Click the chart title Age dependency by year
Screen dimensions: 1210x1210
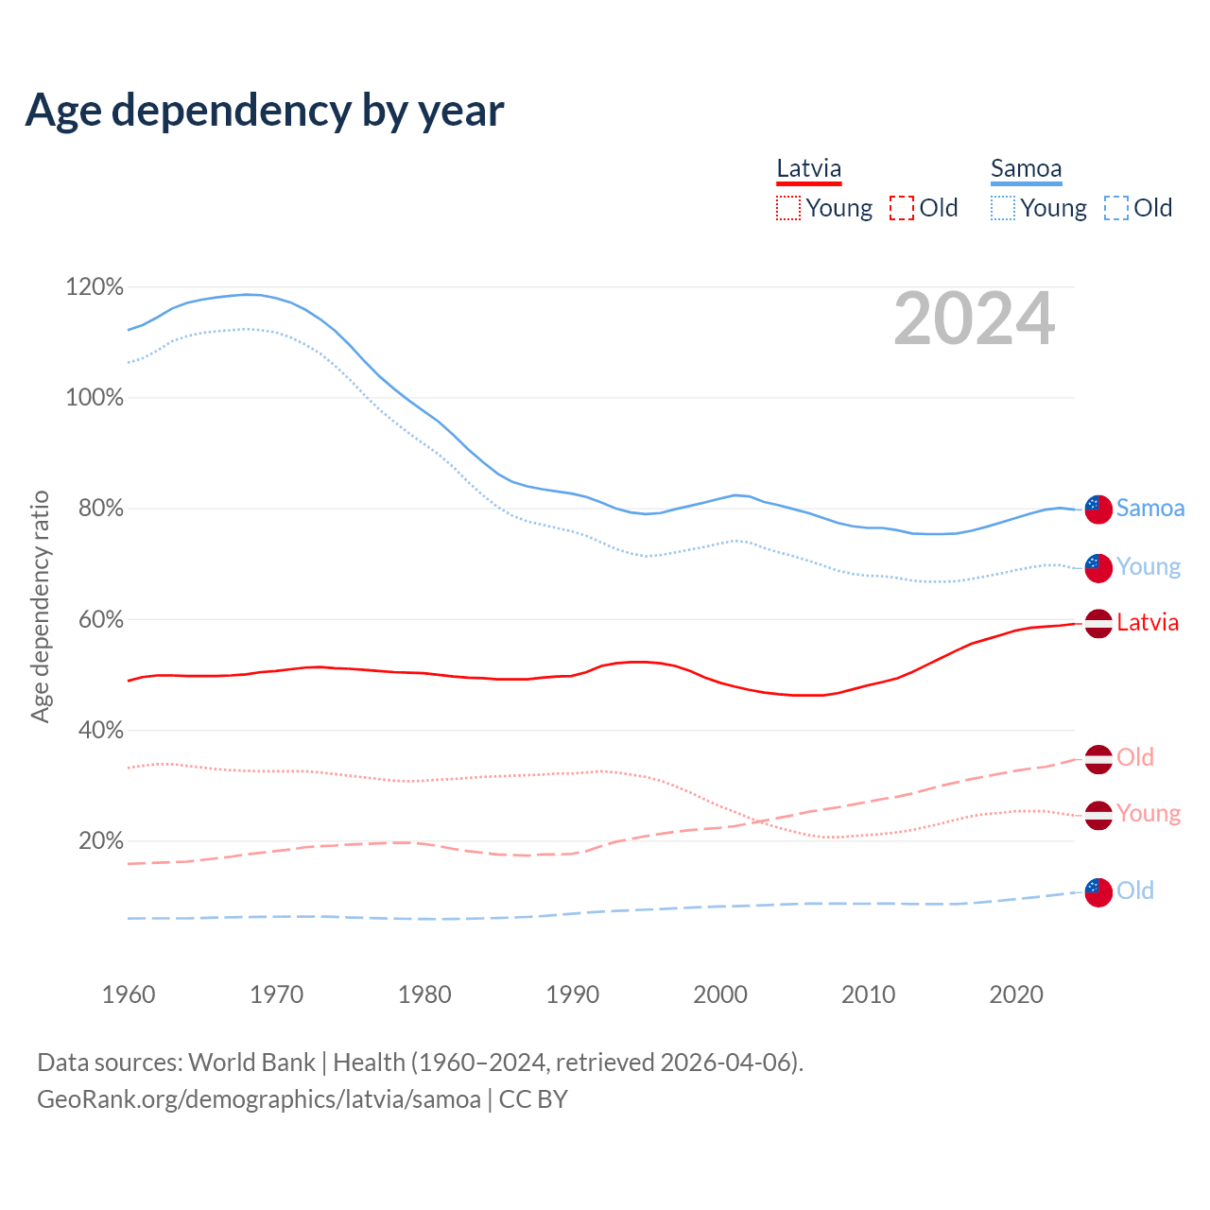coord(265,111)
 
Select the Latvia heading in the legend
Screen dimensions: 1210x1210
coord(808,169)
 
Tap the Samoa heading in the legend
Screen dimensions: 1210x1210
coord(1026,169)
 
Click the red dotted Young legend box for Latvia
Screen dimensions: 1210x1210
coord(788,208)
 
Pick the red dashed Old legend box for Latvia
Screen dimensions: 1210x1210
coord(902,208)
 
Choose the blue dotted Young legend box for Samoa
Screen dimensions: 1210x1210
coord(1003,208)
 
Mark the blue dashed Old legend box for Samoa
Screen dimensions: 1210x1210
coord(1116,208)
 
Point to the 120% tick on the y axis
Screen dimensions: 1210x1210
coord(95,286)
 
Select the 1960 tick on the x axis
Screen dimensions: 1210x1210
coord(129,994)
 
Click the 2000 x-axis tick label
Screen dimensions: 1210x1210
coord(720,994)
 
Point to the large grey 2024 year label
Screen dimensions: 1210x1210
coord(974,320)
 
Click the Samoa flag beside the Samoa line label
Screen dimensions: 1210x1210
coord(1098,509)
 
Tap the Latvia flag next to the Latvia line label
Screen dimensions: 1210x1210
coord(1098,623)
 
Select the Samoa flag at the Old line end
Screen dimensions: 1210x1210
coord(1098,891)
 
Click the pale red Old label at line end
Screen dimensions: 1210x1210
coord(1135,757)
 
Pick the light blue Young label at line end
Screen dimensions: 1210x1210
coord(1149,566)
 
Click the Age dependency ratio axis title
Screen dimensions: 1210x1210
coord(40,606)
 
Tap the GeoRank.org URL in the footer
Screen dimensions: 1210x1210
coord(259,1099)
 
